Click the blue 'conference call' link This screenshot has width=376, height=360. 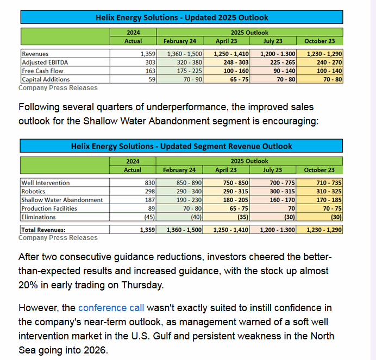(x=111, y=308)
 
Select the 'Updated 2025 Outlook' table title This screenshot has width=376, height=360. (x=181, y=17)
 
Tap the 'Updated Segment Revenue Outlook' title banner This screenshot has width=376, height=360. (x=181, y=146)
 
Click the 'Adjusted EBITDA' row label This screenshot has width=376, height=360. (x=43, y=62)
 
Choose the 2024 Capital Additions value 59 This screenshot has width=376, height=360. (x=152, y=79)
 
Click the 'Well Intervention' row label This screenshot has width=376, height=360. (x=46, y=183)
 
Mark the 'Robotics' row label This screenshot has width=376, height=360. (x=33, y=191)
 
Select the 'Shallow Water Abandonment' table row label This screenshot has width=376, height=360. (x=62, y=200)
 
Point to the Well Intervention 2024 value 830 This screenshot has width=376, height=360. (x=150, y=183)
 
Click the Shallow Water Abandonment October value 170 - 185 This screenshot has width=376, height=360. (x=329, y=200)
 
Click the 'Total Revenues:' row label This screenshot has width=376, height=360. (x=43, y=230)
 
